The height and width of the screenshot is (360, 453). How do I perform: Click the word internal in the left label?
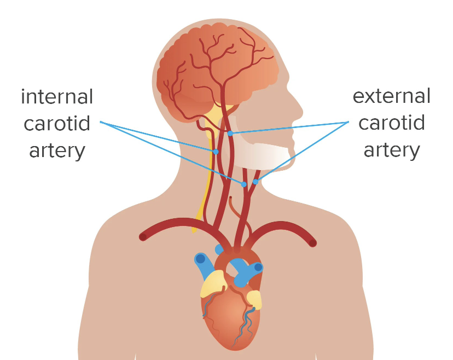click(x=57, y=97)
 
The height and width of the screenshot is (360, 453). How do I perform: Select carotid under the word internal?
click(x=57, y=123)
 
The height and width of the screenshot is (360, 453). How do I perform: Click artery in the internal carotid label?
click(x=57, y=149)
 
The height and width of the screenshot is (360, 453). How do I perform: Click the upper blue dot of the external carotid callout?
click(x=230, y=133)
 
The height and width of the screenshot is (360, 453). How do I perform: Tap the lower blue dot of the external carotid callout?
click(x=255, y=182)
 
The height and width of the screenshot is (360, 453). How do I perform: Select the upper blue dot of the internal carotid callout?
click(x=216, y=152)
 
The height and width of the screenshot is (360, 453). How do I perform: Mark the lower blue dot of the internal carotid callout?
click(x=244, y=184)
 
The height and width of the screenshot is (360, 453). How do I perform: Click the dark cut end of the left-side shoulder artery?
click(x=143, y=237)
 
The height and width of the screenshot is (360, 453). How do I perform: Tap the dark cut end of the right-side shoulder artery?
click(x=312, y=242)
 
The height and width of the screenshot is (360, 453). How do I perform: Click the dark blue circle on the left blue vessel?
click(x=201, y=258)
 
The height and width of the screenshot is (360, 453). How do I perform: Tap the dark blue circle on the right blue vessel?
click(x=258, y=268)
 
